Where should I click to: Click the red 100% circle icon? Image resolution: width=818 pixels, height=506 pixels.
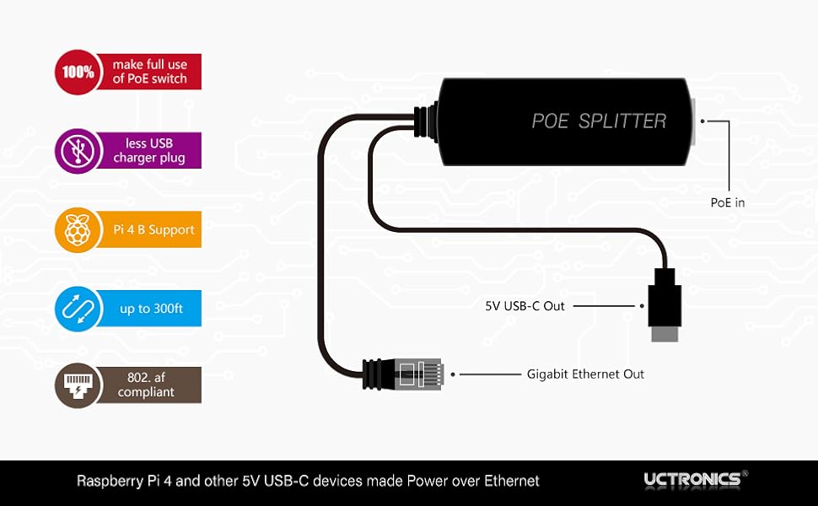(78, 72)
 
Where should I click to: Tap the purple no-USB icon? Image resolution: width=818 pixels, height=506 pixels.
(78, 151)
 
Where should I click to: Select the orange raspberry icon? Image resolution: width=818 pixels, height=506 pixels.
(78, 229)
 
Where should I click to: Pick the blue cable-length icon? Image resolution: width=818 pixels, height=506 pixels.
(78, 309)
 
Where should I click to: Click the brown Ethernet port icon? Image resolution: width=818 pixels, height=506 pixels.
(78, 385)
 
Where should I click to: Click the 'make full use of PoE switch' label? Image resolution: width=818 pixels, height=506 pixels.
(150, 72)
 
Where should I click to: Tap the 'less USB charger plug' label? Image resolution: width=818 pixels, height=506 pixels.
(149, 151)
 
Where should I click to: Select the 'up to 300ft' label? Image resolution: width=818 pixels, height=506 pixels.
(151, 309)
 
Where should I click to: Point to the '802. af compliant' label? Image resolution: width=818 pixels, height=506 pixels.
(147, 385)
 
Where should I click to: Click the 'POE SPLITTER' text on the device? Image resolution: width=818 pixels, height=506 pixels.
(599, 121)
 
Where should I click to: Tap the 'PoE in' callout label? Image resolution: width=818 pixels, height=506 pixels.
(728, 202)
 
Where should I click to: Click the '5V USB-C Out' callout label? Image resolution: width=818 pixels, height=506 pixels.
(525, 306)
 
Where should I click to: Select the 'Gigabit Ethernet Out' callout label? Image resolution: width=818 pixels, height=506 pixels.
(585, 374)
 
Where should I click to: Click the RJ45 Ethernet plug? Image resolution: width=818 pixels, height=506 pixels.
(413, 373)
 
